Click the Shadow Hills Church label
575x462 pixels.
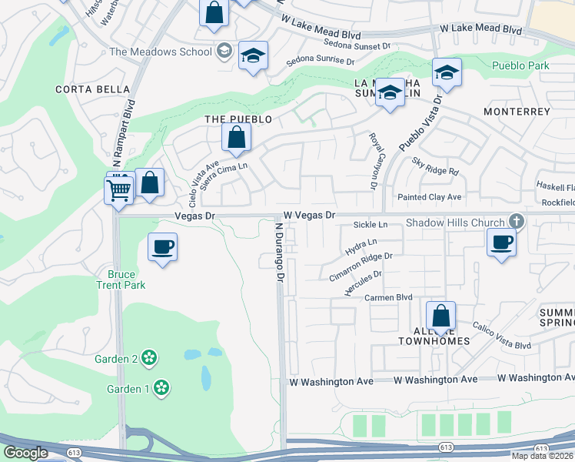(x=455, y=223)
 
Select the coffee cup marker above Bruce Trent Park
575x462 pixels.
(x=161, y=247)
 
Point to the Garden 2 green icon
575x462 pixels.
(x=149, y=358)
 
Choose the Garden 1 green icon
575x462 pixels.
(x=161, y=387)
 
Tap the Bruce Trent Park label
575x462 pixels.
(x=121, y=280)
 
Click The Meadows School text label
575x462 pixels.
(x=160, y=52)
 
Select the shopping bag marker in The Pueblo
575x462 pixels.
(x=236, y=139)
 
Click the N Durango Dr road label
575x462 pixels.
(x=281, y=250)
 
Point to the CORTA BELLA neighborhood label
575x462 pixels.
(x=93, y=89)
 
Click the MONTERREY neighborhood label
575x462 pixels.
(x=517, y=112)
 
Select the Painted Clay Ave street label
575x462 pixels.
(x=429, y=197)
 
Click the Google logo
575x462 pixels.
(x=25, y=452)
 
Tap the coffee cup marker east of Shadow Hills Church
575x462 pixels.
(x=501, y=243)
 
